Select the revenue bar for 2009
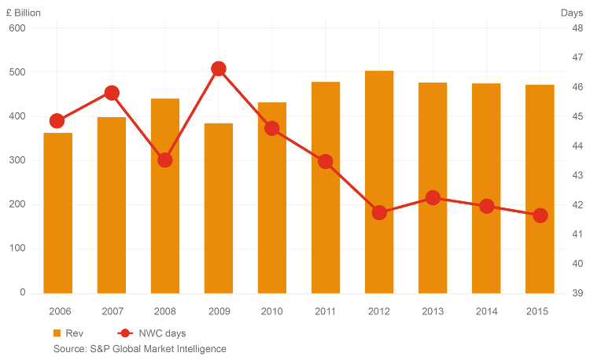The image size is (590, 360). (x=219, y=208)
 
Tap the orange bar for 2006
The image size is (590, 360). (x=57, y=213)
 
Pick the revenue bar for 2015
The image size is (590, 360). (x=540, y=189)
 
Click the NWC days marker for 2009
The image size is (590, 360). (x=219, y=68)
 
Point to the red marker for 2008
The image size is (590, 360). (x=165, y=160)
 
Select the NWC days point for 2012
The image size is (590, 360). (x=379, y=212)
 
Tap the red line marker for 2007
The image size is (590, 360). (x=112, y=93)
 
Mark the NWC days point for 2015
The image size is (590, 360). (x=540, y=215)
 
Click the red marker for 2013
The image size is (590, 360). (x=433, y=197)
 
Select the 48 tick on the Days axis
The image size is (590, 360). (x=577, y=28)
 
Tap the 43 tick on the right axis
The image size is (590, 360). (x=577, y=175)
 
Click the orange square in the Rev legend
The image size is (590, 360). (x=57, y=333)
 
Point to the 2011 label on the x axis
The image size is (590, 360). (x=326, y=312)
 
